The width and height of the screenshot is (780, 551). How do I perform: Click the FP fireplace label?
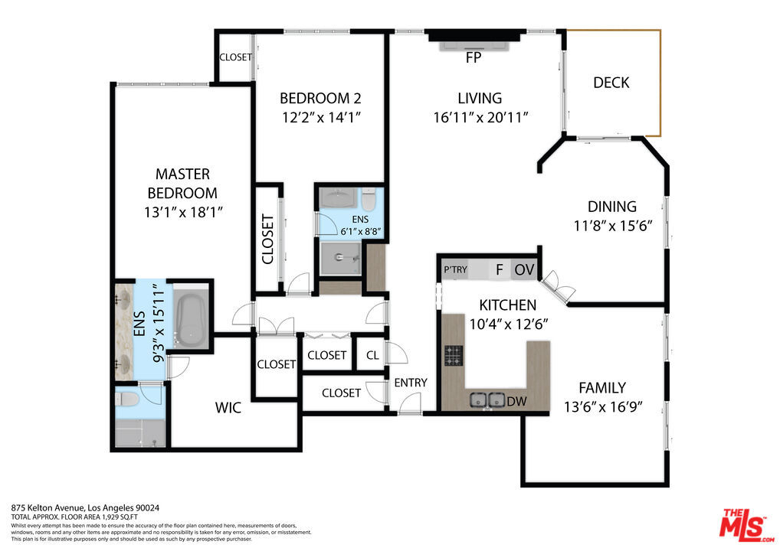(474, 57)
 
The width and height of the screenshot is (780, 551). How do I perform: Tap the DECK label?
(611, 83)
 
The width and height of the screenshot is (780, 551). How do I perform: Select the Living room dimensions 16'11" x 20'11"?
(480, 118)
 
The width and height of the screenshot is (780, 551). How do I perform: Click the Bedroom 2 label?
(320, 99)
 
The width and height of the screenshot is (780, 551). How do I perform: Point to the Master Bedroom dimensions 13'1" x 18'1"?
(183, 213)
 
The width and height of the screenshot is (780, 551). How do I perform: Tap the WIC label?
(228, 408)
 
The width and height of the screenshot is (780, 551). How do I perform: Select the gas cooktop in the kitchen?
(453, 356)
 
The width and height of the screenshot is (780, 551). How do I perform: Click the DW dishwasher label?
(517, 401)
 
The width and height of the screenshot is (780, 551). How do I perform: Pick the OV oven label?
(524, 270)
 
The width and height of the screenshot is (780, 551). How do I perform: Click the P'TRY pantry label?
(456, 269)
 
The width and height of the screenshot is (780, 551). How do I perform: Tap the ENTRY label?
(411, 383)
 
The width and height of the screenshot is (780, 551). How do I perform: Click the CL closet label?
(372, 355)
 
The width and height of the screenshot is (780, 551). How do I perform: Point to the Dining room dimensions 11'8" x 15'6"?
(613, 226)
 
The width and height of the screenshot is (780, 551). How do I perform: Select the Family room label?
(602, 387)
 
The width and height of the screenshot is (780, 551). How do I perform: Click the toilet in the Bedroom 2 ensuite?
(368, 199)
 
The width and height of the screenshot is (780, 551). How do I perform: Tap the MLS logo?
(746, 526)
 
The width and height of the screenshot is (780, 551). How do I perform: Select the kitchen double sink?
(487, 399)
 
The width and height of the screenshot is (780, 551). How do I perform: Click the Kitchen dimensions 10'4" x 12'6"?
(509, 324)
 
